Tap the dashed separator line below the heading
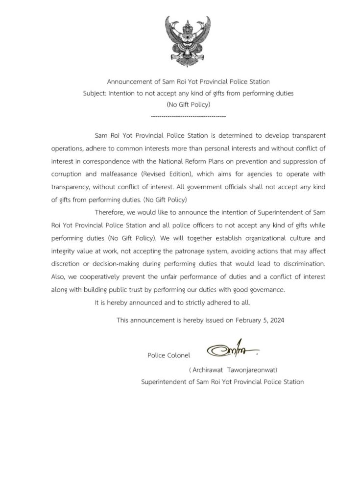(188, 117)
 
